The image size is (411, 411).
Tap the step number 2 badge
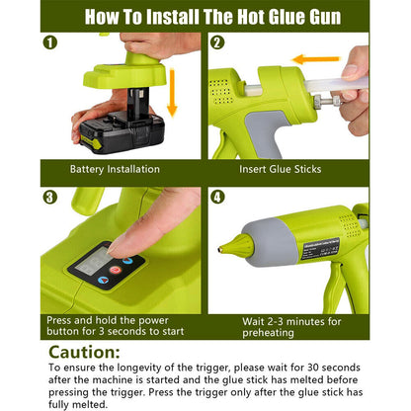coord(217,43)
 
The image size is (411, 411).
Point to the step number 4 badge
coord(217,196)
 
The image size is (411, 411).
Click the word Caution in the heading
coord(90,354)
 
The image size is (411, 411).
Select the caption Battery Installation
coord(115,169)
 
